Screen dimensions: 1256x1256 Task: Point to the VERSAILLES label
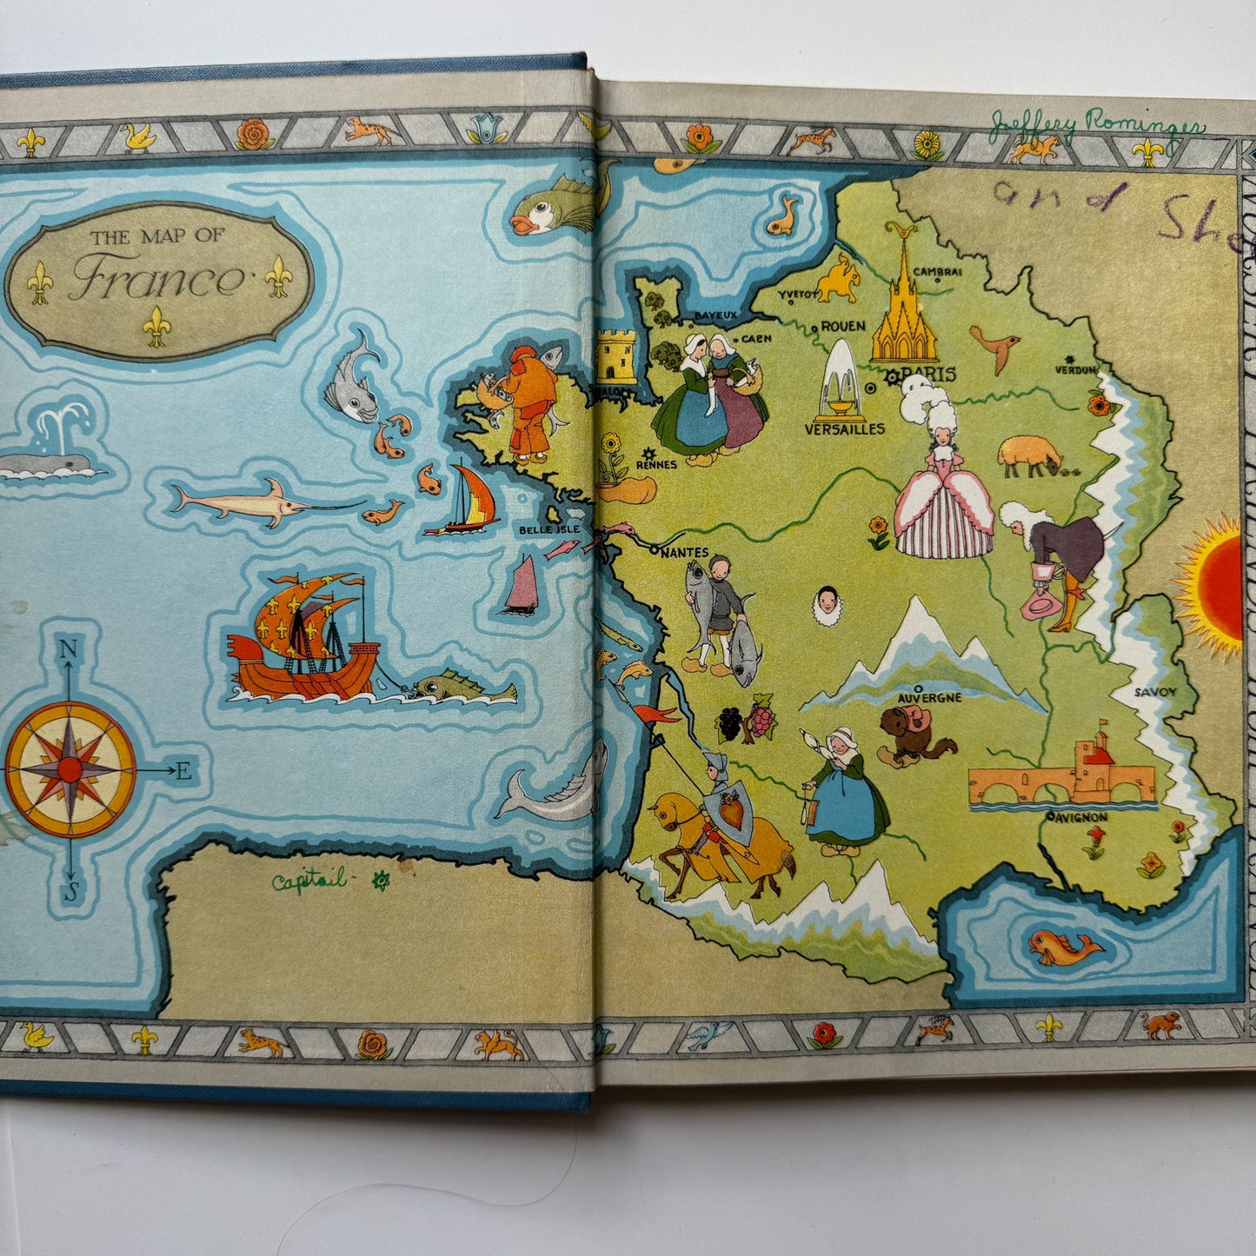click(844, 429)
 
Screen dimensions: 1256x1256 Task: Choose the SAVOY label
click(1154, 692)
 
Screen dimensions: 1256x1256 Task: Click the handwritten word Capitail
click(308, 882)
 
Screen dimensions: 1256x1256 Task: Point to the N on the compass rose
click(68, 648)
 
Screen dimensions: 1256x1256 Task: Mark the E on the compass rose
click(183, 771)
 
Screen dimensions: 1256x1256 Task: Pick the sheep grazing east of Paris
click(1030, 455)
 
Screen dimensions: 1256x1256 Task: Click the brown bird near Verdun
click(995, 345)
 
